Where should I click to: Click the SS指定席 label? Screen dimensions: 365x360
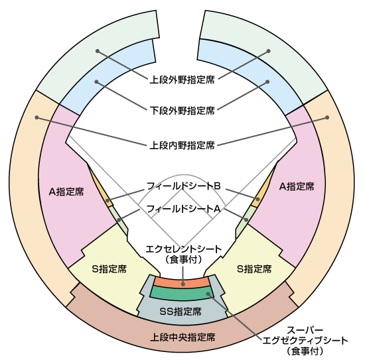tap(181, 311)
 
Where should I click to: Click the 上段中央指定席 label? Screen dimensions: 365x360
tap(183, 337)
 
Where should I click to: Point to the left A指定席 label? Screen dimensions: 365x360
tap(66, 192)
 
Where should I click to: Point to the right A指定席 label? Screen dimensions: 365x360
tap(297, 186)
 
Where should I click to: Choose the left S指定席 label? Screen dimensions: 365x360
tap(110, 269)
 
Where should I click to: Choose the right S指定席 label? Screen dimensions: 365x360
tap(254, 269)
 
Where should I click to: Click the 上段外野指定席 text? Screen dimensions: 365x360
tap(182, 80)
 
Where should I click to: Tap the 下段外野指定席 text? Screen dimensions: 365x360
tap(182, 110)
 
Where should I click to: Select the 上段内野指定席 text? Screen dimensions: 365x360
tap(182, 145)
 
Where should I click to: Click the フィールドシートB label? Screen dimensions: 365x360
tap(184, 186)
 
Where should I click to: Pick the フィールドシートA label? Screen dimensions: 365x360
tap(184, 209)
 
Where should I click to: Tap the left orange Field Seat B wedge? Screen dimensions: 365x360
tap(106, 196)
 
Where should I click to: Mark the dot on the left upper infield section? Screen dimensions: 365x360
tap(36, 117)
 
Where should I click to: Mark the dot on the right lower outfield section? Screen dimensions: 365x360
tap(267, 82)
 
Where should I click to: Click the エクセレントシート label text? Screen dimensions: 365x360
tap(184, 249)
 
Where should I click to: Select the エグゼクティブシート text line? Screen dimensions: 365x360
tap(305, 341)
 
